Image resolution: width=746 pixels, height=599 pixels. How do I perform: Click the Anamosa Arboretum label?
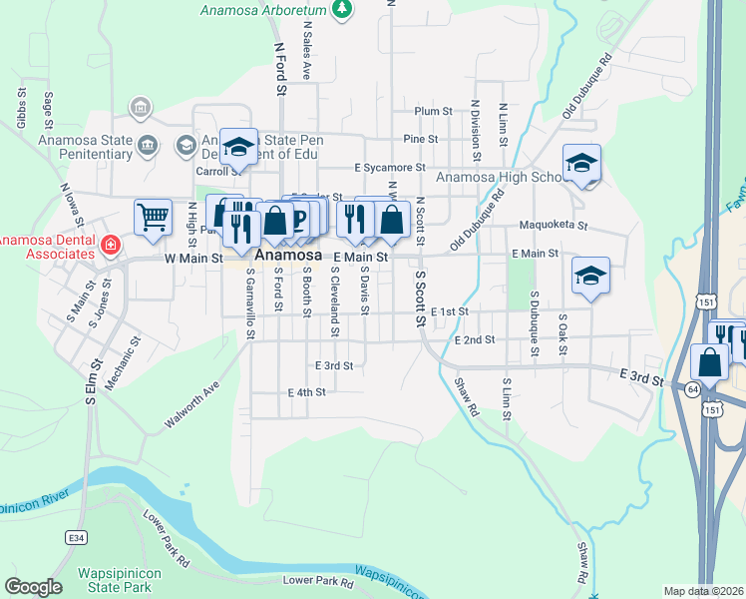click(263, 11)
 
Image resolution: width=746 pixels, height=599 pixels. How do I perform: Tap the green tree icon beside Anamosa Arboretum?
click(342, 9)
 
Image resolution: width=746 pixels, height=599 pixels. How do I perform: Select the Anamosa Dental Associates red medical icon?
click(108, 245)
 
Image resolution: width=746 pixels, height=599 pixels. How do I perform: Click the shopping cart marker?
click(153, 216)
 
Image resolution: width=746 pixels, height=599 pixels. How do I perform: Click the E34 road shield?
click(76, 537)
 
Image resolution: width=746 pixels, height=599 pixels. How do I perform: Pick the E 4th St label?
click(306, 392)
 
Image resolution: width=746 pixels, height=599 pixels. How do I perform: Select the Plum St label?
click(434, 111)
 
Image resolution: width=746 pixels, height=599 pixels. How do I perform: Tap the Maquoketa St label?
click(554, 226)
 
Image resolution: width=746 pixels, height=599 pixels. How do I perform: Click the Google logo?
click(33, 587)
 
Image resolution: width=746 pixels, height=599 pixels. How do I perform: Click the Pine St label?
click(421, 139)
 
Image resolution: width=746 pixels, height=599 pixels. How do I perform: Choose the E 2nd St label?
click(474, 340)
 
